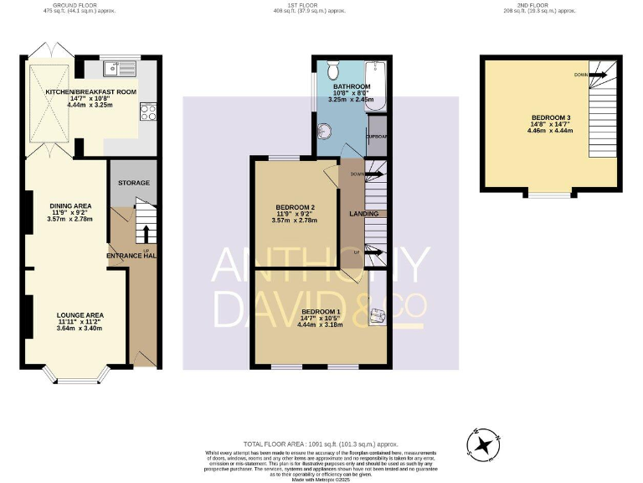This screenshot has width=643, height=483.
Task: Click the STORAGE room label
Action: coord(133,183)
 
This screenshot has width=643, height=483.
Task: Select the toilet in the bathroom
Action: coord(332,68)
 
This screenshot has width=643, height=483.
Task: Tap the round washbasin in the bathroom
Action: coord(326,132)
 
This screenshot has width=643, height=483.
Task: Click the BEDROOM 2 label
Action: coord(295,207)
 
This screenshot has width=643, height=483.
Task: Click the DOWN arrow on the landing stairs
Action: coord(370,174)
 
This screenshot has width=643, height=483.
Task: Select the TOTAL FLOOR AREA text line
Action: coord(321,444)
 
